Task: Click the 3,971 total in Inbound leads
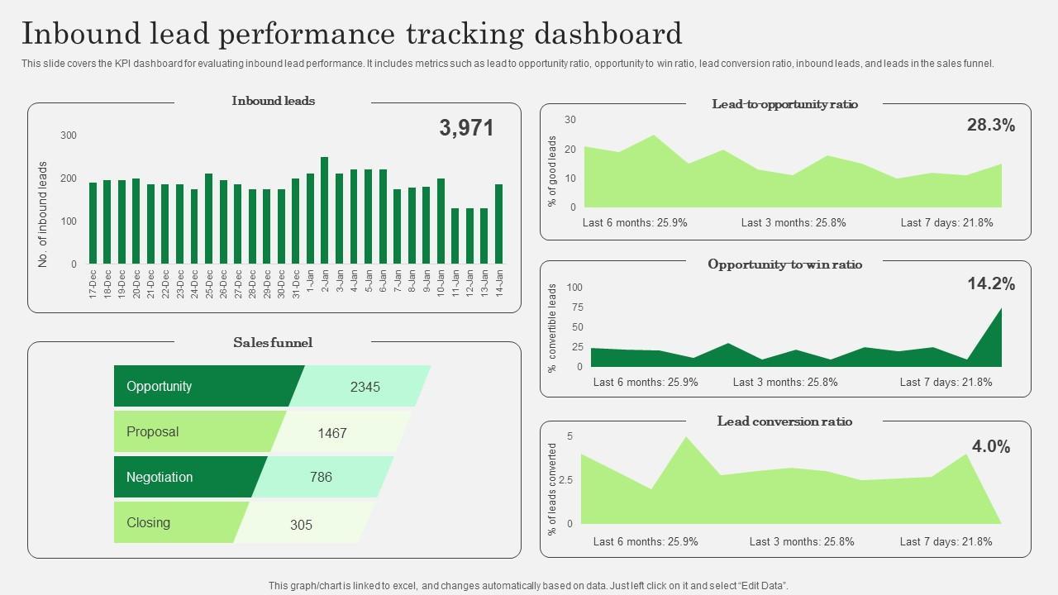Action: (x=466, y=128)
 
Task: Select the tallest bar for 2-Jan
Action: (x=324, y=211)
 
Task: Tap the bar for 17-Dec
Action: (x=93, y=223)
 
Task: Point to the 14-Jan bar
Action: (x=498, y=224)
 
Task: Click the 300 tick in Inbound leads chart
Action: (x=69, y=136)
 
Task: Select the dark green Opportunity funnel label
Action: (x=160, y=387)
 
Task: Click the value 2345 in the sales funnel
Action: (x=365, y=387)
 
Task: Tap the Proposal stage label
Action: (x=153, y=432)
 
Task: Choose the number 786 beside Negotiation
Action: (x=321, y=477)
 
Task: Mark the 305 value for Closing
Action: (x=302, y=525)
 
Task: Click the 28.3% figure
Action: (x=991, y=126)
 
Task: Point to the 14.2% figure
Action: (x=991, y=284)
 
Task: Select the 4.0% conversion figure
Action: (x=991, y=447)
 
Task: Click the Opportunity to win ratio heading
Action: (x=784, y=264)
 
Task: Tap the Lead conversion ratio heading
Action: (x=784, y=421)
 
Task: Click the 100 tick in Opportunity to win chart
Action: (x=574, y=288)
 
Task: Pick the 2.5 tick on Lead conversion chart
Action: (x=566, y=479)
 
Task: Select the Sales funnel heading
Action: (x=273, y=343)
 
